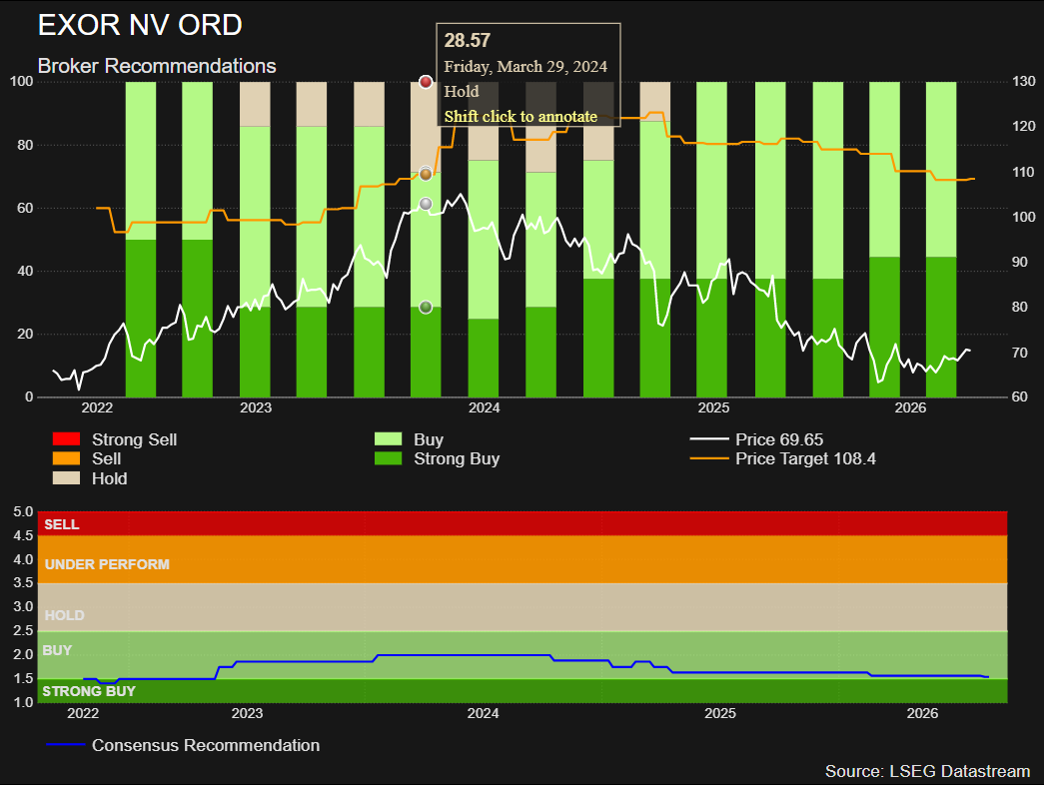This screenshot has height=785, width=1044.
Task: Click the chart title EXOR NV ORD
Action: (140, 25)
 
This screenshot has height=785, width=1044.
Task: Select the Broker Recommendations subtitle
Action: (157, 66)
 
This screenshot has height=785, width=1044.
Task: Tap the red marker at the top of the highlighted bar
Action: (427, 82)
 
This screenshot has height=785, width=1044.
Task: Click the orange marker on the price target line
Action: (427, 175)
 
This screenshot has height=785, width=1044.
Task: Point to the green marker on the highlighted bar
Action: (427, 307)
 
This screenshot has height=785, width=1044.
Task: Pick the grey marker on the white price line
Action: (427, 204)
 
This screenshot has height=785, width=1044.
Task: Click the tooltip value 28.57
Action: (468, 41)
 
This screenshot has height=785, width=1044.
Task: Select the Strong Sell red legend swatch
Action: (67, 438)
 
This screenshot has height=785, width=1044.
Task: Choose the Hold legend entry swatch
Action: (67, 478)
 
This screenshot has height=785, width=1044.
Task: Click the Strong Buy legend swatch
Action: (389, 458)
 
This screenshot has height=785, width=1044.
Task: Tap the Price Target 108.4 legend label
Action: (805, 458)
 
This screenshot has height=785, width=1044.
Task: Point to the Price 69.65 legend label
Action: (779, 439)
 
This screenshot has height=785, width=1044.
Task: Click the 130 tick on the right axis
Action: (1023, 81)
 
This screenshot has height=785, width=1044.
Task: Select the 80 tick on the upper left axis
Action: (25, 145)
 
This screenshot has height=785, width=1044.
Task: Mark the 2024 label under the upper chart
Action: (485, 407)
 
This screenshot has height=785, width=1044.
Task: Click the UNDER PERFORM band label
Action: (107, 564)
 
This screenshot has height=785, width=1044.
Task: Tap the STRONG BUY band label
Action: (89, 691)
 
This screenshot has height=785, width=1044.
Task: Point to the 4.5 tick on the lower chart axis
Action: (23, 535)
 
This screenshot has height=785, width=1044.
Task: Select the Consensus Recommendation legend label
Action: (206, 745)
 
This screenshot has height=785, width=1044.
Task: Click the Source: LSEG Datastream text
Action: (927, 771)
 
